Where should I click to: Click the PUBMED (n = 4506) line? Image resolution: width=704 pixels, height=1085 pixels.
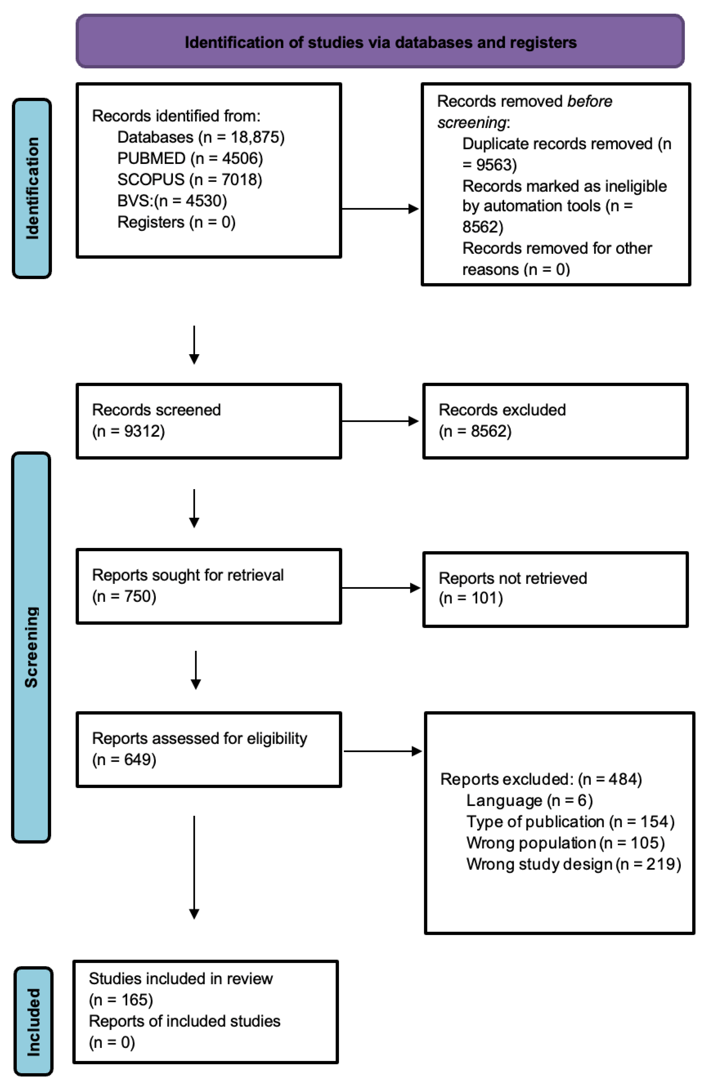(190, 158)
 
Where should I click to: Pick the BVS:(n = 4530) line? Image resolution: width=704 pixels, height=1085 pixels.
(172, 200)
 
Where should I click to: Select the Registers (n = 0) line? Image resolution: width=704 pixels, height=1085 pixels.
(177, 222)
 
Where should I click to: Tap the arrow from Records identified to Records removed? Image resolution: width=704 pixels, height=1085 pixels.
(380, 209)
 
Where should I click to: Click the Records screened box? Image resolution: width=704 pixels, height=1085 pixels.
(209, 421)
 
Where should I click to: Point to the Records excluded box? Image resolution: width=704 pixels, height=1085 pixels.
(555, 421)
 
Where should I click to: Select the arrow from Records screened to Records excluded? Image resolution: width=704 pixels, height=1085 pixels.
(380, 421)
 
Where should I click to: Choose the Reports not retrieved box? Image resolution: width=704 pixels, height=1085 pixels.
(555, 589)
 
